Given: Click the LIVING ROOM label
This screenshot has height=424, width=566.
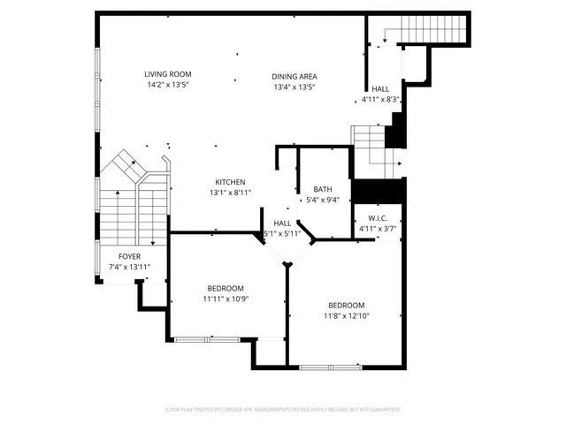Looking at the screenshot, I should point(168,74).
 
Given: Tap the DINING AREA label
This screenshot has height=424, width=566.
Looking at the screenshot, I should point(294,76).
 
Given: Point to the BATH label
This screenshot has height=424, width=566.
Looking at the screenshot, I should point(323,189).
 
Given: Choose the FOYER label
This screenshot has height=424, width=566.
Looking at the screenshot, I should point(130,256).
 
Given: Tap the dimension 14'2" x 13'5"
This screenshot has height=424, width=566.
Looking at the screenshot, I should point(168,85).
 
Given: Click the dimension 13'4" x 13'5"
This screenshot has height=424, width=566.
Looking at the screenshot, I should point(294,87).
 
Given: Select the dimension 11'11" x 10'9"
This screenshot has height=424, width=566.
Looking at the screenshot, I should point(226,299).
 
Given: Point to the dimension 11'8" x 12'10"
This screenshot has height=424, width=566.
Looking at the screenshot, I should point(346,315).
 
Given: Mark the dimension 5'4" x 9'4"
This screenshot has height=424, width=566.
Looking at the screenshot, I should point(323,200).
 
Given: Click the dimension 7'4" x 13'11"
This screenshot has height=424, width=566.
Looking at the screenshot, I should point(130,267).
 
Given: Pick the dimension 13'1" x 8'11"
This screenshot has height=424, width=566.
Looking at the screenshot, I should point(230,193).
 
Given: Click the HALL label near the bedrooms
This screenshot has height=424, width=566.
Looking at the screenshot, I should point(282,223).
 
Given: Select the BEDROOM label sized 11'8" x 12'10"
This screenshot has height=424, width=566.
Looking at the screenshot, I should point(346,305).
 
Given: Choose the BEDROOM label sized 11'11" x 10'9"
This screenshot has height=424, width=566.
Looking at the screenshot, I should point(226,288).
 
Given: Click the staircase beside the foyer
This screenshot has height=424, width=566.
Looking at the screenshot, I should point(133,208).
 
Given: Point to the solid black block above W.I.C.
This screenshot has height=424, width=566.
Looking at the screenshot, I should point(378,190).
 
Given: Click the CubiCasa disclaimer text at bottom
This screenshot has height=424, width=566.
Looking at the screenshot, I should point(283,410).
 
